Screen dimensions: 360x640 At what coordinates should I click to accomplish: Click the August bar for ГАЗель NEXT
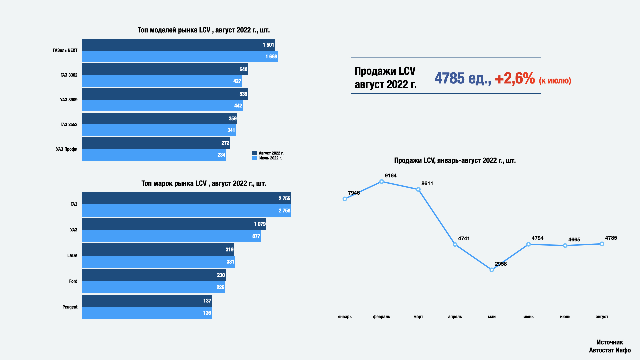[x=178, y=45]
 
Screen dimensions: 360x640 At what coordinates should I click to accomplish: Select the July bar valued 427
[x=162, y=81]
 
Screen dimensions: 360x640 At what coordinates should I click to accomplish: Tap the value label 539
[x=243, y=94]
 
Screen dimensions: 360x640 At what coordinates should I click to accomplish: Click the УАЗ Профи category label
[x=67, y=149]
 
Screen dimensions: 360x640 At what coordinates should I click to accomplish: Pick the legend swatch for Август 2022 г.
[x=255, y=153]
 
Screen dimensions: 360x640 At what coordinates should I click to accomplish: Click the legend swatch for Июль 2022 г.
[x=255, y=158]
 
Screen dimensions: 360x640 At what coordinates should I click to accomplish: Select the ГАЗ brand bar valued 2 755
[x=187, y=198]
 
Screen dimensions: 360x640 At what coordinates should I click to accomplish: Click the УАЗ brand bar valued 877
[x=171, y=236]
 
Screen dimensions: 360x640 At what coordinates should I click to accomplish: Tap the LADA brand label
[x=72, y=256]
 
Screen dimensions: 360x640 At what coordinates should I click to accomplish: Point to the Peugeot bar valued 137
[x=147, y=301]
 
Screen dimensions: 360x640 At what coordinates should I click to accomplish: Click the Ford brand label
[x=73, y=281]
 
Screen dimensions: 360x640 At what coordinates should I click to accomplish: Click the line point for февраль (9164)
[x=382, y=182]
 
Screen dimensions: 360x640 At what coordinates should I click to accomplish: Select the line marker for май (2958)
[x=492, y=270]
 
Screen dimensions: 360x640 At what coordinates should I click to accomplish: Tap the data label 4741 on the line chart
[x=464, y=238]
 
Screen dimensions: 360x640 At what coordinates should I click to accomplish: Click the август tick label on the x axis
[x=602, y=317]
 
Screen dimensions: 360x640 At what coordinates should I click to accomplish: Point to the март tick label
[x=418, y=317]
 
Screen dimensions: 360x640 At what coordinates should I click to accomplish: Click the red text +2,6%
[x=515, y=78]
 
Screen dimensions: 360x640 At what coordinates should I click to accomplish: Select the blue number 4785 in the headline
[x=449, y=78]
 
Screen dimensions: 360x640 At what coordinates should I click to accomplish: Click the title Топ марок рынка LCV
[x=204, y=183]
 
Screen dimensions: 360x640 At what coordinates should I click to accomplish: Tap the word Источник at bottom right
[x=610, y=342]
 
